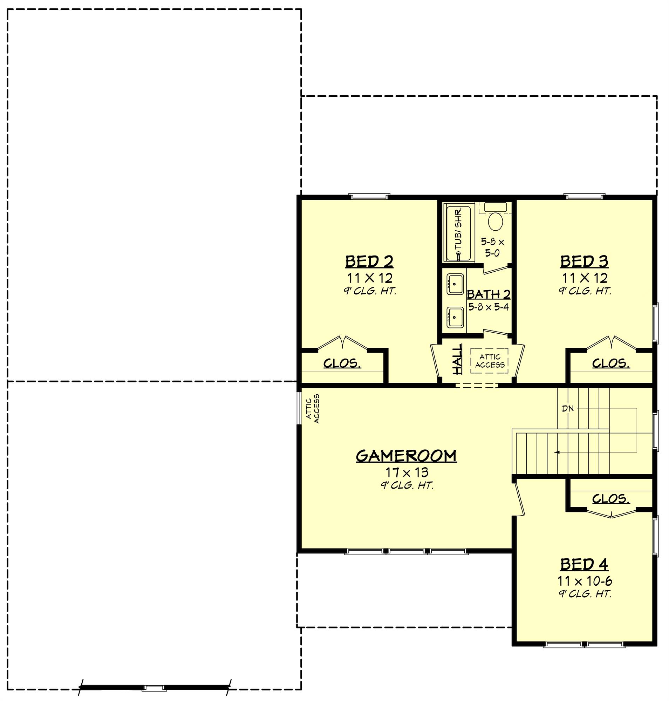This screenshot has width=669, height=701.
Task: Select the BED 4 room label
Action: [584, 565]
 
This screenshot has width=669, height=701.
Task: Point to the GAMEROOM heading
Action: [406, 456]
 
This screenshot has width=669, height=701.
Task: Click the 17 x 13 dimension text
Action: [407, 472]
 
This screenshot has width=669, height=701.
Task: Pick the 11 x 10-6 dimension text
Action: [585, 581]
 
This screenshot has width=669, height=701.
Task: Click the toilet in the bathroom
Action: [495, 221]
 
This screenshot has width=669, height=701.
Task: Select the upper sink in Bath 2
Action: [455, 284]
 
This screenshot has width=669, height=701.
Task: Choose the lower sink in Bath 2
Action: [455, 318]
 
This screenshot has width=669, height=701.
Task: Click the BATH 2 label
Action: [489, 295]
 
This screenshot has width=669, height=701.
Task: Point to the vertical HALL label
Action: [457, 359]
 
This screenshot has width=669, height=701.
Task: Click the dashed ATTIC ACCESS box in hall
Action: [489, 361]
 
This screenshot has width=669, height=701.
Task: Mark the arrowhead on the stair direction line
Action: [557, 452]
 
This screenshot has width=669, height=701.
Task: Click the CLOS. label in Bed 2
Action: [342, 363]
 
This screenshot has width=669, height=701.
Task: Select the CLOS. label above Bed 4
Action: [611, 499]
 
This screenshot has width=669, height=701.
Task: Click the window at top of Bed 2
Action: [369, 197]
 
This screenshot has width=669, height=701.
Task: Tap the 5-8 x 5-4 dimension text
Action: [489, 307]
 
